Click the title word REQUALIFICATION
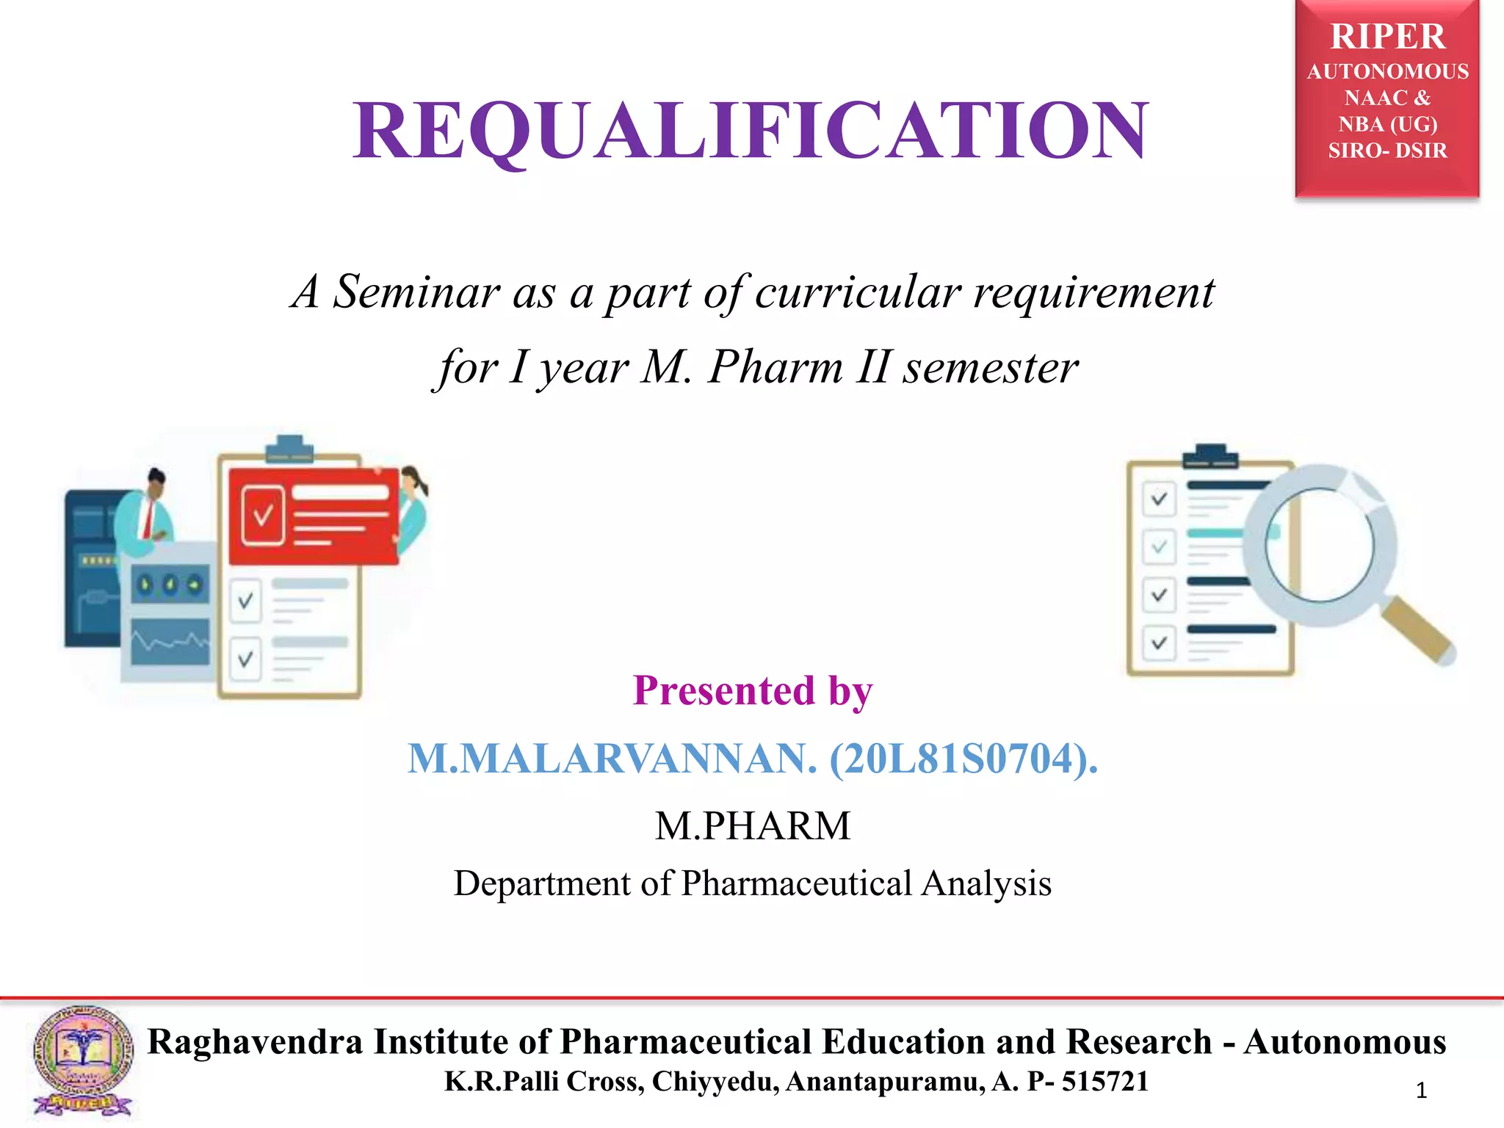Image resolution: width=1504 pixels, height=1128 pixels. [x=750, y=131]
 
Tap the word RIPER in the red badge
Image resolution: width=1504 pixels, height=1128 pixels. [x=1387, y=37]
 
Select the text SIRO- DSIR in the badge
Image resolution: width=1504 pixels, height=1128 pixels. [x=1387, y=151]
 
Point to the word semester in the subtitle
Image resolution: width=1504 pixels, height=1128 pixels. [x=990, y=367]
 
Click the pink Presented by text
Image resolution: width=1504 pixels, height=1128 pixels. [x=752, y=690]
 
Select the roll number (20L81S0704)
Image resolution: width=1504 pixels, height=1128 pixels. [x=963, y=759]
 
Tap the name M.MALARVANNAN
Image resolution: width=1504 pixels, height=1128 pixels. [x=612, y=759]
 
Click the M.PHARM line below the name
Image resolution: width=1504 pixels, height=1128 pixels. [x=752, y=825]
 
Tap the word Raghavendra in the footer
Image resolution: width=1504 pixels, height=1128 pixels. [x=255, y=1041]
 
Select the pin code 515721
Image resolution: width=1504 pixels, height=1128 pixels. [x=1104, y=1082]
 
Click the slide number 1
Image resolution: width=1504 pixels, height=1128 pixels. [x=1421, y=1091]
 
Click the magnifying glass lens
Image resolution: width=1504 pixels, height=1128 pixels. [x=1319, y=545]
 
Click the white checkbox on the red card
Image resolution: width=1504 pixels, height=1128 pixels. [x=263, y=515]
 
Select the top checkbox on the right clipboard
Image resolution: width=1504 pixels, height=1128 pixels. [x=1159, y=499]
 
